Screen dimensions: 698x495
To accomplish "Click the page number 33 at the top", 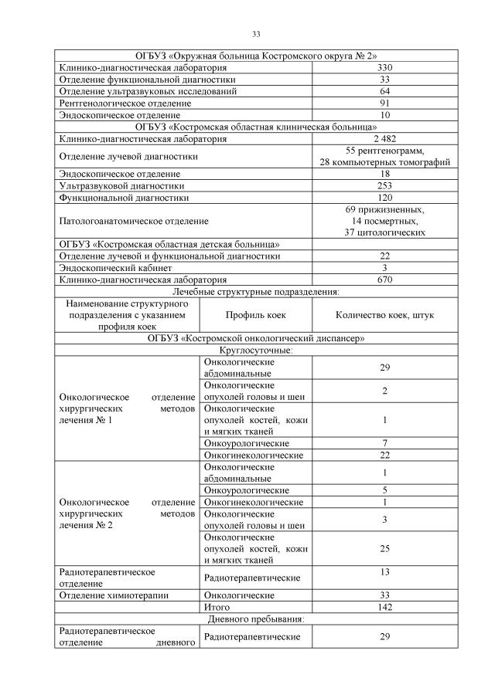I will (255, 34).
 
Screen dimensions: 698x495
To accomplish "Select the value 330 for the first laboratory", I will (384, 68).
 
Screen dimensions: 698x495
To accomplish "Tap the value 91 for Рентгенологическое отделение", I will (384, 103).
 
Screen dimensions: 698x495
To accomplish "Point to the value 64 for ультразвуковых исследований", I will (384, 91).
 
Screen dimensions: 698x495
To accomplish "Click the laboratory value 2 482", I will (384, 138).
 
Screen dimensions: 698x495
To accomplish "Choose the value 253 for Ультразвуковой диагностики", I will (384, 185).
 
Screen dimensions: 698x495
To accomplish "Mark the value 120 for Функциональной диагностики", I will (384, 197).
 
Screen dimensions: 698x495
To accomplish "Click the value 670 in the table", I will (384, 279).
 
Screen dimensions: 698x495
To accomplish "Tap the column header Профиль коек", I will (256, 315).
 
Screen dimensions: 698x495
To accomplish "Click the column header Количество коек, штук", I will (384, 315).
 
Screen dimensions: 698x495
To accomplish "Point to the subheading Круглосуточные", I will (255, 351).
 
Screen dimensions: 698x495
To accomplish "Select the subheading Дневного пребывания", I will (255, 619).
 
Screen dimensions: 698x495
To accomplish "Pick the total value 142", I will (384, 608).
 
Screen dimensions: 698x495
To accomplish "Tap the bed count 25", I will (384, 548).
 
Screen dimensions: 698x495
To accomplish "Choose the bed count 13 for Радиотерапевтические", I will (384, 572).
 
